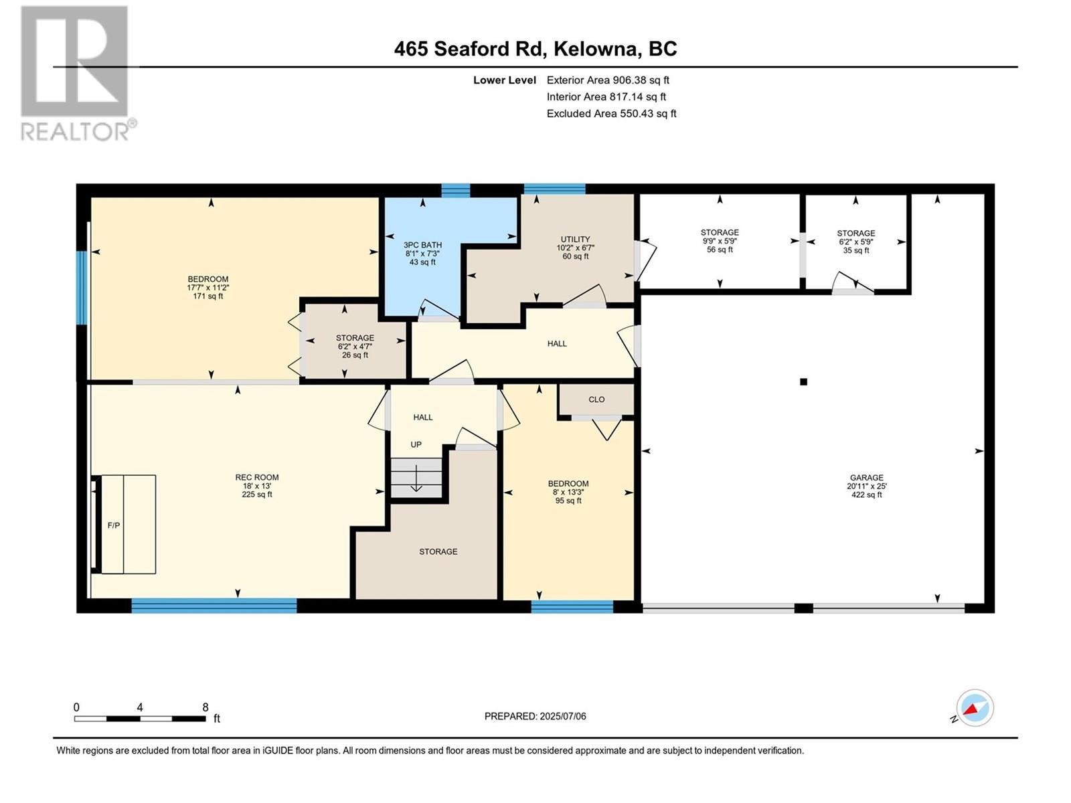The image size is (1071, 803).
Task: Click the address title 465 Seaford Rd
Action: click(x=535, y=49)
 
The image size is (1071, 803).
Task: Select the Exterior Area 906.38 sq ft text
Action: click(x=608, y=80)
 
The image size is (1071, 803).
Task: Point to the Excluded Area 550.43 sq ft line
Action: click(x=611, y=113)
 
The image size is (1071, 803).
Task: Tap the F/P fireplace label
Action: click(x=114, y=525)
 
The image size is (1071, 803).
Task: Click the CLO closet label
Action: click(x=596, y=399)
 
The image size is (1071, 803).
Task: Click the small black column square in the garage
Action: click(x=803, y=382)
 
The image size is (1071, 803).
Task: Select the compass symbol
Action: click(x=975, y=708)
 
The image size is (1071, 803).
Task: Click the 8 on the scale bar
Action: click(x=205, y=707)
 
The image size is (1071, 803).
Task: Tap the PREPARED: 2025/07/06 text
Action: click(x=535, y=716)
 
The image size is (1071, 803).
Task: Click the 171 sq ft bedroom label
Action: click(x=208, y=296)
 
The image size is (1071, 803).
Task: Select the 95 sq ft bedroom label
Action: click(x=568, y=501)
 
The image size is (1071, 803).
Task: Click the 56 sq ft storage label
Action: click(x=720, y=250)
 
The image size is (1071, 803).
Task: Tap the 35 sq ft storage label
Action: click(x=855, y=250)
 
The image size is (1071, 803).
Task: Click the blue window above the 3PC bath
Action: click(x=456, y=190)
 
